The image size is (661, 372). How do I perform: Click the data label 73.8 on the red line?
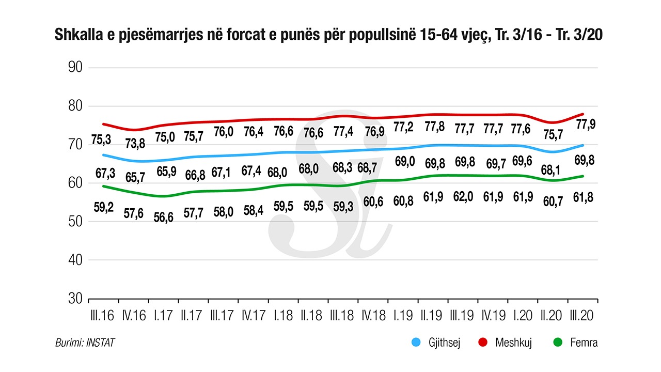click(134, 143)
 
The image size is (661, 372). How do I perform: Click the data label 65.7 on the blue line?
click(134, 177)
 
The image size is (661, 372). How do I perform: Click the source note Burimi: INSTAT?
click(85, 342)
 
